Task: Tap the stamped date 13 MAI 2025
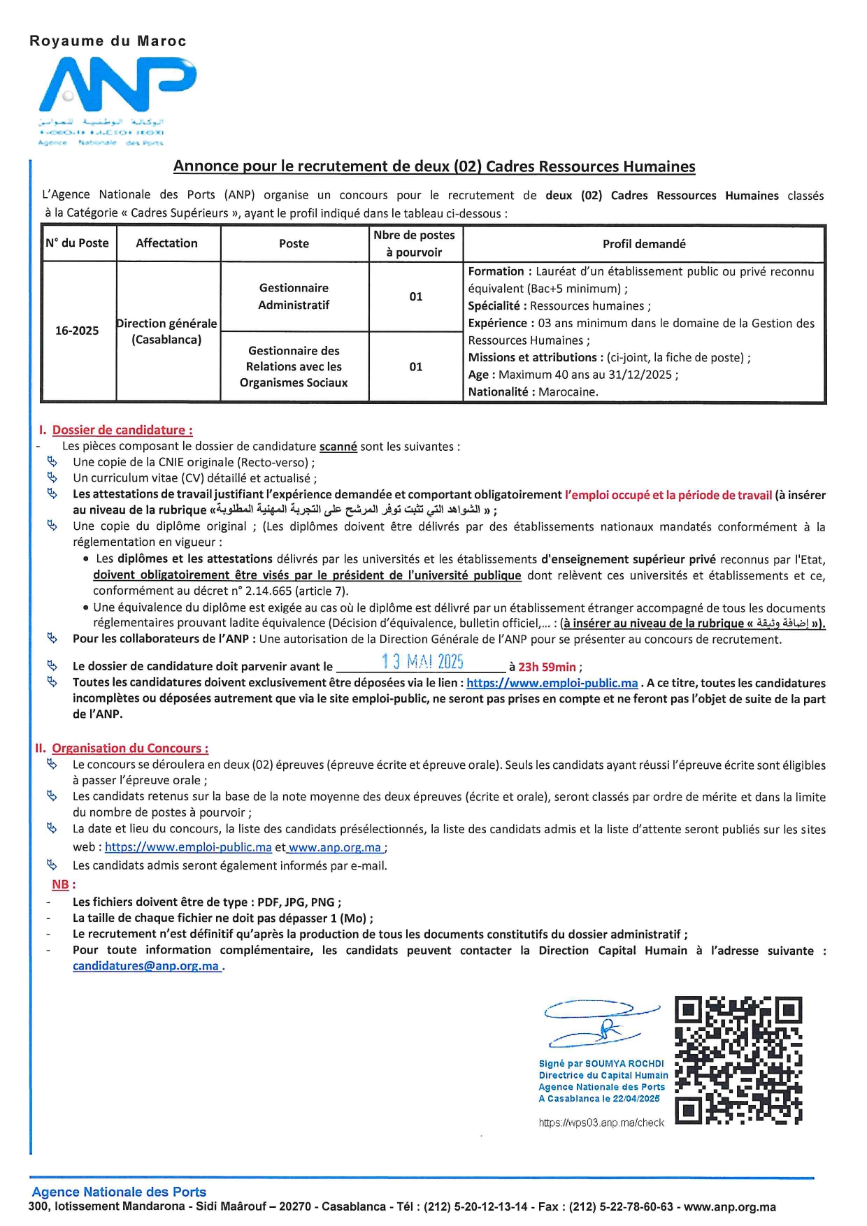[x=422, y=661]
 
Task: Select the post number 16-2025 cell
[x=78, y=331]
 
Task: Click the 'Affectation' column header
[x=167, y=243]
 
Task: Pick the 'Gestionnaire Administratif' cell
[x=294, y=296]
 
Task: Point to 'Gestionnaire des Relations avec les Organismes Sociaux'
[x=294, y=366]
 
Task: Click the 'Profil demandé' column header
[x=644, y=244]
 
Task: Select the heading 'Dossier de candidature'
[x=122, y=430]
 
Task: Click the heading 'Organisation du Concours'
[x=130, y=748]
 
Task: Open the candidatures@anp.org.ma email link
[x=146, y=966]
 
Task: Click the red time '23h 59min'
[x=547, y=667]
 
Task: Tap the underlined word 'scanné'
[x=338, y=447]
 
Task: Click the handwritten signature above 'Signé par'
[x=601, y=1023]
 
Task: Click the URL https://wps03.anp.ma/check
[x=601, y=1123]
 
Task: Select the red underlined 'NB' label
[x=60, y=884]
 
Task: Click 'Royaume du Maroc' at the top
[x=108, y=41]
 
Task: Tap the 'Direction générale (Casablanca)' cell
[x=167, y=331]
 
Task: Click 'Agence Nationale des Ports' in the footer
[x=119, y=1192]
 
